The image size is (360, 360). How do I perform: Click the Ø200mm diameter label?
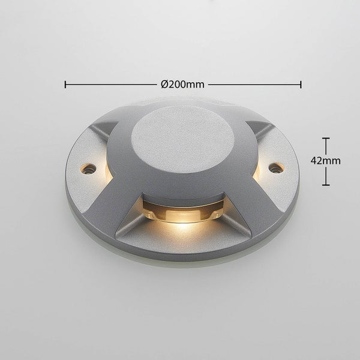pyautogui.click(x=182, y=84)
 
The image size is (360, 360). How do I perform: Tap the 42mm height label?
pyautogui.click(x=326, y=161)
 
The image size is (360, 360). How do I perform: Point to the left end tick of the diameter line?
pyautogui.click(x=65, y=84)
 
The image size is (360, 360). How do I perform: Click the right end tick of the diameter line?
pyautogui.click(x=301, y=84)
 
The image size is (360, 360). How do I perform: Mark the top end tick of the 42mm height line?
pyautogui.click(x=326, y=139)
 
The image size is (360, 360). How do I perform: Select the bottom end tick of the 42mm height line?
pyautogui.click(x=326, y=184)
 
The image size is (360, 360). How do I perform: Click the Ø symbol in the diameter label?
pyautogui.click(x=164, y=84)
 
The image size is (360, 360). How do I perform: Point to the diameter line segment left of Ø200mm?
pyautogui.click(x=111, y=84)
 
